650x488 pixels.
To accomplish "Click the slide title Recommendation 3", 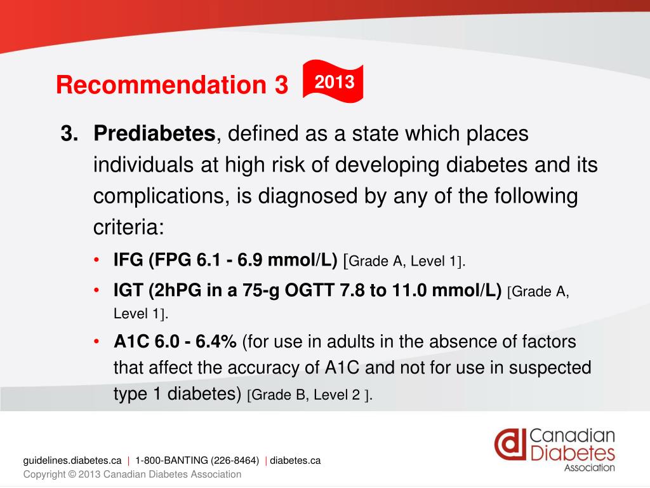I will (x=171, y=85).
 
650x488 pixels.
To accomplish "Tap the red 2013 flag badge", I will (x=334, y=82).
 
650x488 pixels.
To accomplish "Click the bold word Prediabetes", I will (x=155, y=134).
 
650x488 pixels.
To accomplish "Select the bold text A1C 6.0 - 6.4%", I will (x=175, y=342).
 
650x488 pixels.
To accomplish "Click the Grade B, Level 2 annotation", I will (x=309, y=395).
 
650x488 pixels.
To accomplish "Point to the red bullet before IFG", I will (x=96, y=261).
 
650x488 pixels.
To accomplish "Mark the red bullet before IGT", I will (x=96, y=292).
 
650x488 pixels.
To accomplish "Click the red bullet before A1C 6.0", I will (x=96, y=342).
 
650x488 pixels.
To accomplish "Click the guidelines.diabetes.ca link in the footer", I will (x=72, y=461).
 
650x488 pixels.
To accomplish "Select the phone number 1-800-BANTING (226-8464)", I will (x=197, y=461).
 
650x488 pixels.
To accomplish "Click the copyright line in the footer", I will (x=132, y=475).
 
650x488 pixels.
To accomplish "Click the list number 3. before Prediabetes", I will (x=70, y=134).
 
